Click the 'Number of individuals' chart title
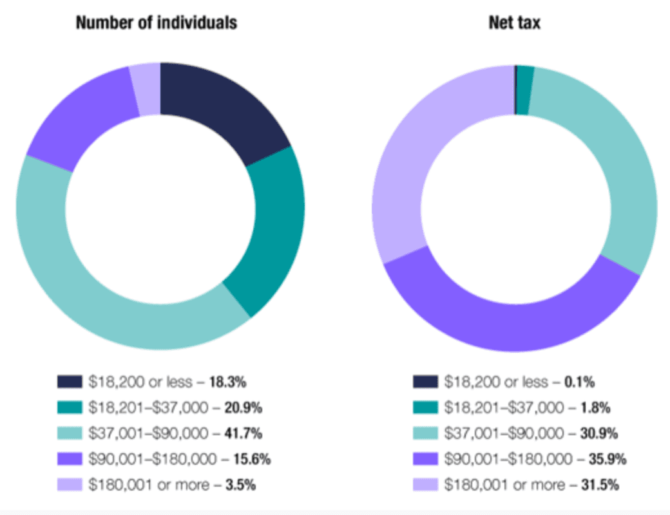[157, 23]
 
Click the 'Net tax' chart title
[514, 23]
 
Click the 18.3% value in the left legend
[228, 382]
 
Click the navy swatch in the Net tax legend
[425, 382]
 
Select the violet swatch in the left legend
[70, 459]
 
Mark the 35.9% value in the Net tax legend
[606, 459]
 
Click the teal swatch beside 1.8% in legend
[425, 407]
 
